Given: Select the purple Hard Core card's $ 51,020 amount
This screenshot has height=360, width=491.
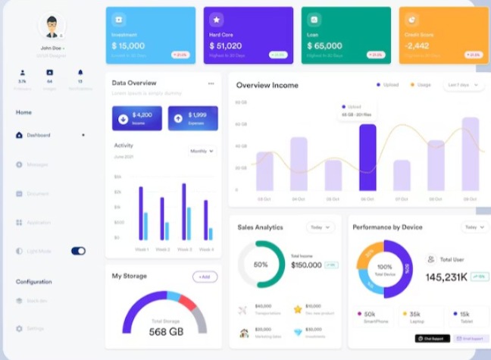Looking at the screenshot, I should click(x=227, y=46).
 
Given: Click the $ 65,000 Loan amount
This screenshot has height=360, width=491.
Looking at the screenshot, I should click(x=324, y=46).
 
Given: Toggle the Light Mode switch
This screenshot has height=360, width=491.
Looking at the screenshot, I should click(x=78, y=251).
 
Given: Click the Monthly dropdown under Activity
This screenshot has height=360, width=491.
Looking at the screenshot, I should click(x=202, y=151).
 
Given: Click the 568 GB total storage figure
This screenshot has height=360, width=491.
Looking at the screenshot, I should click(x=166, y=332).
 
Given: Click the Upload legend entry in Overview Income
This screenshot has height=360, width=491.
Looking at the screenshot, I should click(x=387, y=85).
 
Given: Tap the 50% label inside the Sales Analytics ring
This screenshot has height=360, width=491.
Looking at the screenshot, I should click(x=261, y=265).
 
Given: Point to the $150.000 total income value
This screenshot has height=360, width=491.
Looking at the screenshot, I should click(x=306, y=265).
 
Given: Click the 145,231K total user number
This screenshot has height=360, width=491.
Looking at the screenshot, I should click(x=446, y=277).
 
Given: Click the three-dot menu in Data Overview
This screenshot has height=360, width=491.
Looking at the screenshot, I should click(x=211, y=83).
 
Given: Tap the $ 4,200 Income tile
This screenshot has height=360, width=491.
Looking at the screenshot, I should click(x=136, y=117).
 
